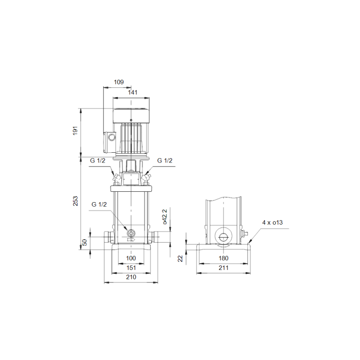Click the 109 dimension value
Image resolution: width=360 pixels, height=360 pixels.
click(119, 82)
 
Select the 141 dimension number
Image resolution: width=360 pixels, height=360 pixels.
click(133, 92)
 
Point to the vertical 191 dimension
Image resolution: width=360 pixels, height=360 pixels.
click(75, 131)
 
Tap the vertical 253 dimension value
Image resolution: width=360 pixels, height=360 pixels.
click(75, 201)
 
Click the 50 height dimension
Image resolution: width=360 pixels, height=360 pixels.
click(85, 242)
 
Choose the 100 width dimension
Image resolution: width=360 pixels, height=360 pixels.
click(131, 258)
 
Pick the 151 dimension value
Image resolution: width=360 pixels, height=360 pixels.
click(131, 268)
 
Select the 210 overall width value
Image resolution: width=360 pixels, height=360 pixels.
click(131, 277)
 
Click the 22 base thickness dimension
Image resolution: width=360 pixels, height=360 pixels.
click(180, 259)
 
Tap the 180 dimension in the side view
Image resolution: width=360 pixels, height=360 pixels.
click(223, 258)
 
